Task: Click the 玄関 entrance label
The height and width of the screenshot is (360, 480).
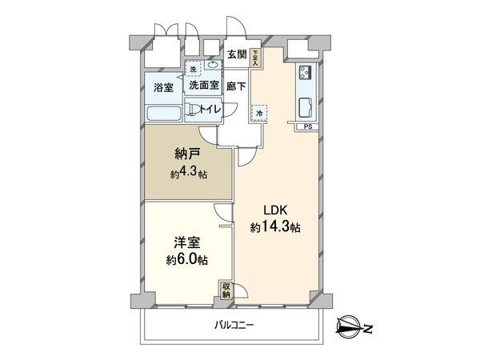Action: (x=236, y=55)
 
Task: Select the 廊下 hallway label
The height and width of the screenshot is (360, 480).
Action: (x=236, y=86)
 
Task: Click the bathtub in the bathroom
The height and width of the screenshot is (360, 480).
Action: (x=162, y=113)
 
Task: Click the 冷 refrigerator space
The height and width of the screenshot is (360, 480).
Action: (x=259, y=114)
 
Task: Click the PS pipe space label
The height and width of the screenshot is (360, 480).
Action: (x=307, y=126)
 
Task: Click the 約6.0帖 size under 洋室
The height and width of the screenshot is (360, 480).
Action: (x=187, y=261)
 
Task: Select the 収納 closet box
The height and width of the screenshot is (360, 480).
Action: (x=226, y=290)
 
